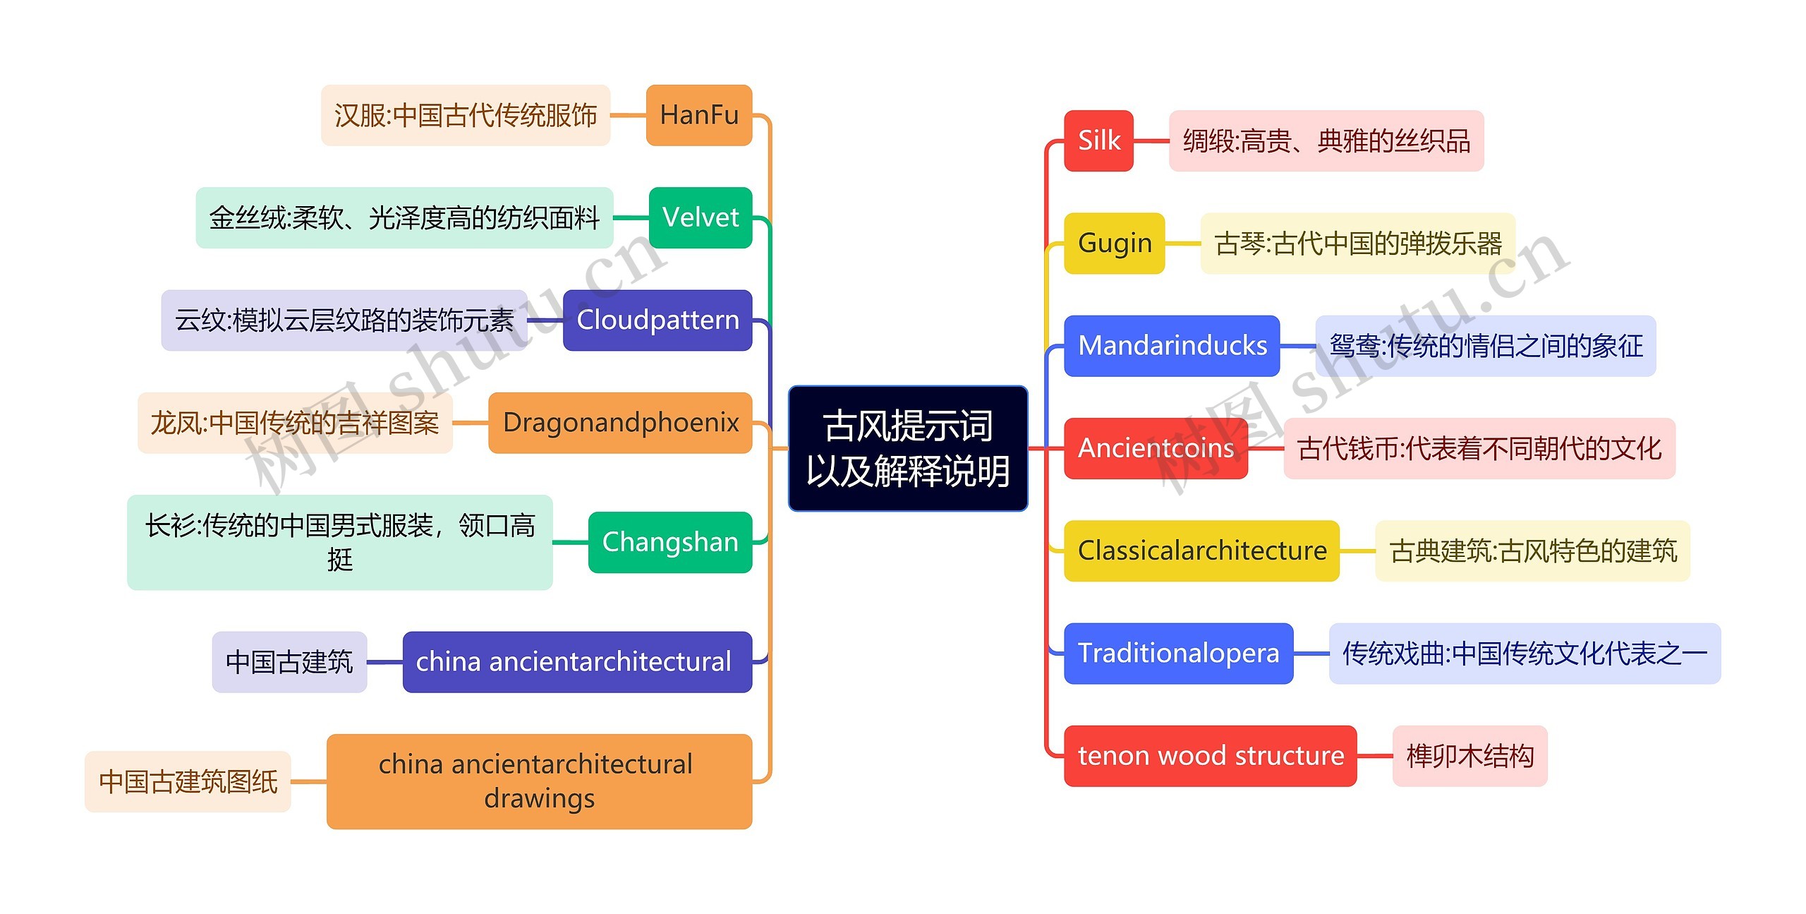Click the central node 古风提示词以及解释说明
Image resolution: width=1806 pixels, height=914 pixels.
907,448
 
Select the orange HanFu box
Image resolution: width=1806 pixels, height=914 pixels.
699,115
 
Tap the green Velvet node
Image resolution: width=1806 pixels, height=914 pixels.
701,217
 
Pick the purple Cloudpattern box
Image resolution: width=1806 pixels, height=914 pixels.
657,320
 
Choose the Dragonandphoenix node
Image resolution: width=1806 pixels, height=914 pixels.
620,422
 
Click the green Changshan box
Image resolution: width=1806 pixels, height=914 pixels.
670,542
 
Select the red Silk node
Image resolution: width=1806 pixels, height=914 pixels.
1098,140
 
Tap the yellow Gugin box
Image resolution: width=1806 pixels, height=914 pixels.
1114,243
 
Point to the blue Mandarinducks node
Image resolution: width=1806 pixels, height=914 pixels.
1172,346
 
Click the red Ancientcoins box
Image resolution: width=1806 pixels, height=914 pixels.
1156,448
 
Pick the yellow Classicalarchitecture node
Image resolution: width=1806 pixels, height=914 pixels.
1201,551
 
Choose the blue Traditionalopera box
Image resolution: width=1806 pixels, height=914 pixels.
1178,653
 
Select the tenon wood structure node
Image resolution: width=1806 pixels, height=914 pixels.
1210,755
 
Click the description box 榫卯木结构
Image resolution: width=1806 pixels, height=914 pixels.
1469,755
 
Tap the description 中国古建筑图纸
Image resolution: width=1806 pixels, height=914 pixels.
188,781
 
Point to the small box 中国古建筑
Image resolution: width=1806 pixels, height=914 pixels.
289,661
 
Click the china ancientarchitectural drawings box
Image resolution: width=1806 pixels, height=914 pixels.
539,781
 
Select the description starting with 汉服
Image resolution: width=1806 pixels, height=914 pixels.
466,115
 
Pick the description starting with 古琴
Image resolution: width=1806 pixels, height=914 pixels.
1357,243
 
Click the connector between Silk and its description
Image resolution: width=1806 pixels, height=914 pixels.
1151,140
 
